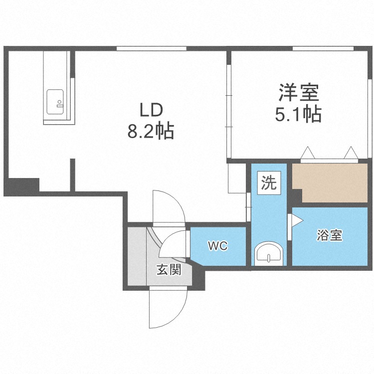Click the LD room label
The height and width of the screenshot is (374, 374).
[151, 110]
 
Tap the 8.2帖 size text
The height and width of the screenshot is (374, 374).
[151, 132]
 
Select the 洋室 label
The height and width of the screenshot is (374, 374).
[299, 92]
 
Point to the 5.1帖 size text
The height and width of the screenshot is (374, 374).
[298, 115]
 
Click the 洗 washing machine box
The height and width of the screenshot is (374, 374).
[269, 183]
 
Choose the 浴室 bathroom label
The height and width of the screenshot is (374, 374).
[330, 235]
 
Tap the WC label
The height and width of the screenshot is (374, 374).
[217, 246]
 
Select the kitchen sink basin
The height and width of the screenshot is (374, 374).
[55, 102]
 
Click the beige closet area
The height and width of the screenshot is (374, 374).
[330, 183]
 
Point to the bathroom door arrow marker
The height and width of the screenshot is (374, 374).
[297, 220]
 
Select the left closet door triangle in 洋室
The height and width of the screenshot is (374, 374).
[308, 153]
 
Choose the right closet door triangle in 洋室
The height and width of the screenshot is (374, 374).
[351, 153]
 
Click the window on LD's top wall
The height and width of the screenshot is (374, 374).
[152, 48]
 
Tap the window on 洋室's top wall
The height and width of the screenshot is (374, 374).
[323, 48]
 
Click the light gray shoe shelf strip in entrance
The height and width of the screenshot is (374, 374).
[137, 256]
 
